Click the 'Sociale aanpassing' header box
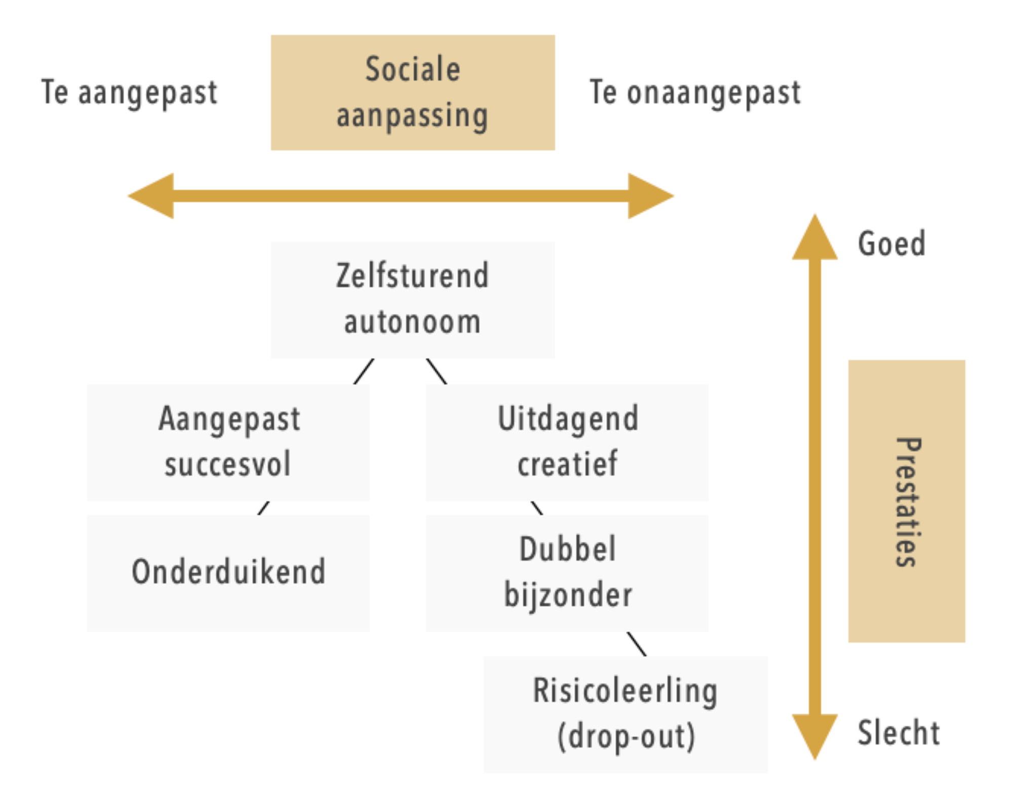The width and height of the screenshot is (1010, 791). pyautogui.click(x=412, y=92)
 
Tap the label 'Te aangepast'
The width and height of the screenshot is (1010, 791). pyautogui.click(x=129, y=93)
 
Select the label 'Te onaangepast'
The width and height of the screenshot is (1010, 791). pyautogui.click(x=695, y=93)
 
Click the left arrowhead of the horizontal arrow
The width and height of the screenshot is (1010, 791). pyautogui.click(x=152, y=196)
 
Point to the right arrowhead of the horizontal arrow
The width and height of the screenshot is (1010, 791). pyautogui.click(x=650, y=196)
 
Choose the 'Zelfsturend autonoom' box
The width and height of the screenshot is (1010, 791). pyautogui.click(x=412, y=299)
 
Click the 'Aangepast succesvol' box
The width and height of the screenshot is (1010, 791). pyautogui.click(x=228, y=442)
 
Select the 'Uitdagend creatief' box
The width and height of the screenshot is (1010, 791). pyautogui.click(x=567, y=442)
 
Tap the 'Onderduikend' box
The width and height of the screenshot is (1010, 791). pyautogui.click(x=228, y=573)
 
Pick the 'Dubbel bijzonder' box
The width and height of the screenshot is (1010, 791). pyautogui.click(x=567, y=573)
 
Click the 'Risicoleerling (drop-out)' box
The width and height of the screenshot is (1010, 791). pyautogui.click(x=625, y=714)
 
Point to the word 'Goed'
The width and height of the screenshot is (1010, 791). pyautogui.click(x=891, y=244)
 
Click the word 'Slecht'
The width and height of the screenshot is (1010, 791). pyautogui.click(x=898, y=733)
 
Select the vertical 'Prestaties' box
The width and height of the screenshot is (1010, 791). pyautogui.click(x=906, y=501)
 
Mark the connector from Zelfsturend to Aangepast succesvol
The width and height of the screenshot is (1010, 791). pyautogui.click(x=364, y=371)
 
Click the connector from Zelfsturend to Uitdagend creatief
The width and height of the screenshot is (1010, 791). pyautogui.click(x=436, y=371)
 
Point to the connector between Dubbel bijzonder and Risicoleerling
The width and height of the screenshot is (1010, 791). pyautogui.click(x=636, y=644)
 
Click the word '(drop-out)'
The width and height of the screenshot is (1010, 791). pyautogui.click(x=626, y=737)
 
